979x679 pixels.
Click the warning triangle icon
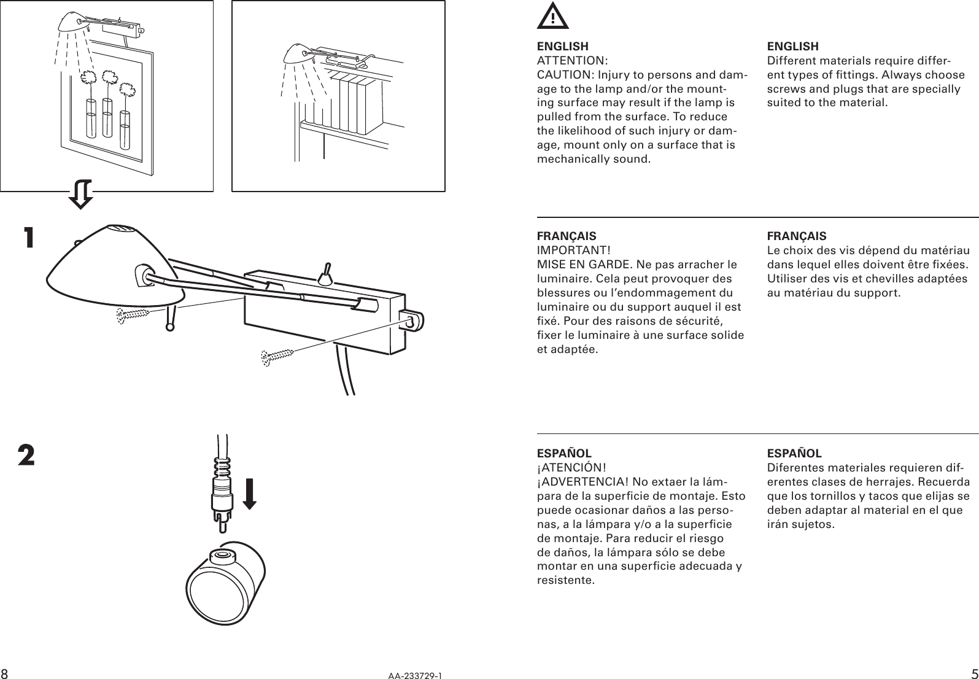pos(552,17)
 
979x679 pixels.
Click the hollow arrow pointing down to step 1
pos(80,194)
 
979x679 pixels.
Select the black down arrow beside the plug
pos(249,494)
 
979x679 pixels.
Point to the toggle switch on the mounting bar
pos(326,274)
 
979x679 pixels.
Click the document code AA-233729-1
pos(414,675)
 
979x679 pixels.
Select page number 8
pos(4,673)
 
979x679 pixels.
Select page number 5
pos(974,672)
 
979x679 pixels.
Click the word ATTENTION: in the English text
pos(572,61)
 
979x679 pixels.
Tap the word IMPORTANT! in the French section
pos(573,250)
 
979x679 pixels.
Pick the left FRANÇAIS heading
pos(566,236)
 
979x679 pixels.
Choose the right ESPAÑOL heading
pos(794,454)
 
